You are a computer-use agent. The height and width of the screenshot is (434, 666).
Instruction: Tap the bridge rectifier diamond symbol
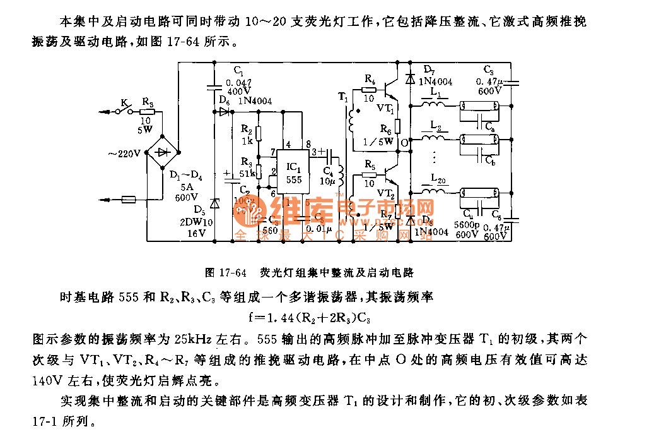(162, 152)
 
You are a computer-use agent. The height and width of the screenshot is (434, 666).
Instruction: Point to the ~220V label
(124, 152)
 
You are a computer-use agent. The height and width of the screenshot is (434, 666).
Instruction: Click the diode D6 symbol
(224, 112)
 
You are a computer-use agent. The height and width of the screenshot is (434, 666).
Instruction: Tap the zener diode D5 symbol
(214, 204)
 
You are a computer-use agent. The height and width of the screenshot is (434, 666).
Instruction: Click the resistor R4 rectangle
(370, 90)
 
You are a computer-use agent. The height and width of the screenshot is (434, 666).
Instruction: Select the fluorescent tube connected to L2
(480, 139)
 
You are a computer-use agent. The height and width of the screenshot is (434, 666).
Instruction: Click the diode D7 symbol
(411, 79)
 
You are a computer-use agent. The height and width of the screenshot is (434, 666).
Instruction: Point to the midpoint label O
(404, 143)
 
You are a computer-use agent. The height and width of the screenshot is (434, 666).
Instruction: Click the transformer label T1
(342, 97)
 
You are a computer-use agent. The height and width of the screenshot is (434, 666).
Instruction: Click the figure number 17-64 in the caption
(231, 273)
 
